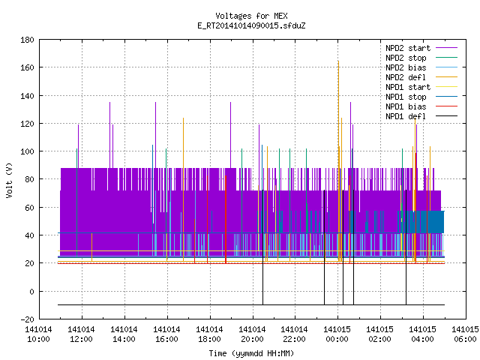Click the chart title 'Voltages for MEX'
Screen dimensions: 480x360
251,16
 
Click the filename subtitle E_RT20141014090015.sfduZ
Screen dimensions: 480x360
251,25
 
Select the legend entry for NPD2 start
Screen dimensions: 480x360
421,48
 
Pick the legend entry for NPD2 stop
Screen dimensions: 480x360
421,58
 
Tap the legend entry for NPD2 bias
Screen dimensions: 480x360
421,67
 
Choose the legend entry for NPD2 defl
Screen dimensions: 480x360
421,77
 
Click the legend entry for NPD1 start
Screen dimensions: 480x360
421,87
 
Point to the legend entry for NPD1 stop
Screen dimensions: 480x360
421,97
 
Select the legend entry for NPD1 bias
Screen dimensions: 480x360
421,106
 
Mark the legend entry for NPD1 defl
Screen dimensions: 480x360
421,117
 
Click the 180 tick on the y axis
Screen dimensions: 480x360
27,40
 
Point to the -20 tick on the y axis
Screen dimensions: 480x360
27,319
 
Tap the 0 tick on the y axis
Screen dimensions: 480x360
31,292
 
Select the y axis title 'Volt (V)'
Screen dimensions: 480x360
9,180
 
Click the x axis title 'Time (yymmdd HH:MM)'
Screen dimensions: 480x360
251,353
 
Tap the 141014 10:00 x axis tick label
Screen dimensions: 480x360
38,334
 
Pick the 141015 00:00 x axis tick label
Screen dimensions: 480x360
337,334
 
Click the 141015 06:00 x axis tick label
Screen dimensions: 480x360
465,334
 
